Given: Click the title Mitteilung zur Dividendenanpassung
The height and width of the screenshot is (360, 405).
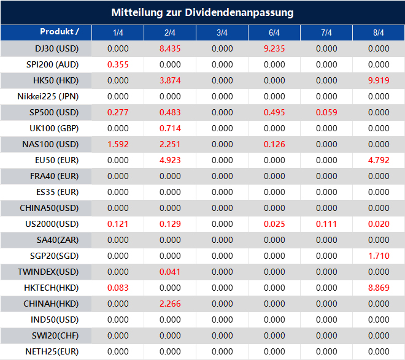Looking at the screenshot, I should click(x=202, y=12).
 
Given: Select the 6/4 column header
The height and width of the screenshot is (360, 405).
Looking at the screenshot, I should click(x=274, y=33).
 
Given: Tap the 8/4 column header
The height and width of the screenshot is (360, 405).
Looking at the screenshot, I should click(x=379, y=33).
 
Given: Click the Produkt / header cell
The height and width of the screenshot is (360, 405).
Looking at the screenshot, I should click(x=59, y=32).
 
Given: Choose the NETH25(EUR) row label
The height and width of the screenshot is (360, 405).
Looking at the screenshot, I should click(x=52, y=351).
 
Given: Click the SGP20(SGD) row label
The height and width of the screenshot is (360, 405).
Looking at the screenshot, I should click(x=53, y=256).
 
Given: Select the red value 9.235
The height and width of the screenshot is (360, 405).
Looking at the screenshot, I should click(x=274, y=48).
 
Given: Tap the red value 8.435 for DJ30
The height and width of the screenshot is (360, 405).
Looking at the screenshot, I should click(x=170, y=48).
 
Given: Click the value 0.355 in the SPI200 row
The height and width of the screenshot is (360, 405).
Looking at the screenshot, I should click(x=118, y=64).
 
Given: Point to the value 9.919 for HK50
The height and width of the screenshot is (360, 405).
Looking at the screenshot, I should click(x=379, y=80).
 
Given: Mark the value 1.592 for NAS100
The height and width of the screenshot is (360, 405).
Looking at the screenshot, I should click(x=118, y=144).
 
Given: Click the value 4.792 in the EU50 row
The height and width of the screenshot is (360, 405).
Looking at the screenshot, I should click(x=379, y=160).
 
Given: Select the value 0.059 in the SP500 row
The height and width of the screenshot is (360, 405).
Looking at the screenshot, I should click(x=326, y=112).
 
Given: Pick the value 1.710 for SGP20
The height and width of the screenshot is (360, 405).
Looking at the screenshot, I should click(x=379, y=256).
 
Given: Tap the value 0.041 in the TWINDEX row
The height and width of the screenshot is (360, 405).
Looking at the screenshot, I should click(x=170, y=272).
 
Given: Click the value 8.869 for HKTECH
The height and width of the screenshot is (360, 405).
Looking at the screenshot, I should click(x=379, y=288).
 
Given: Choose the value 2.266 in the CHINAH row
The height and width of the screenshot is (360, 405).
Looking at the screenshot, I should click(x=170, y=304).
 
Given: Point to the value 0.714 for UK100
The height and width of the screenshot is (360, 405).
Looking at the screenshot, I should click(x=170, y=128).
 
